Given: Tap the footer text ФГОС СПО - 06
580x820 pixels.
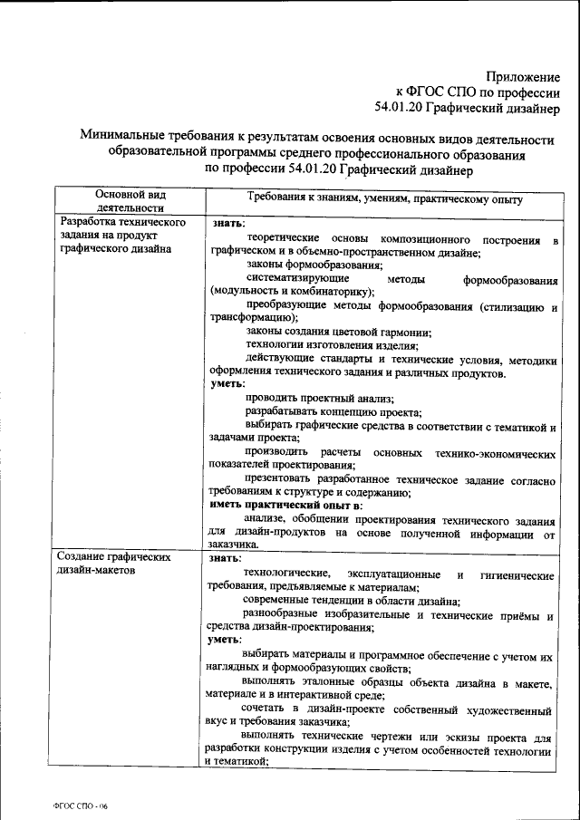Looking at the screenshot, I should tap(80, 805).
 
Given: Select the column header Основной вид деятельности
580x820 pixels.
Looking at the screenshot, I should tap(130, 200).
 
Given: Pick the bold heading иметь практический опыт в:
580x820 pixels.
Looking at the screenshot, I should tap(285, 504).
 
